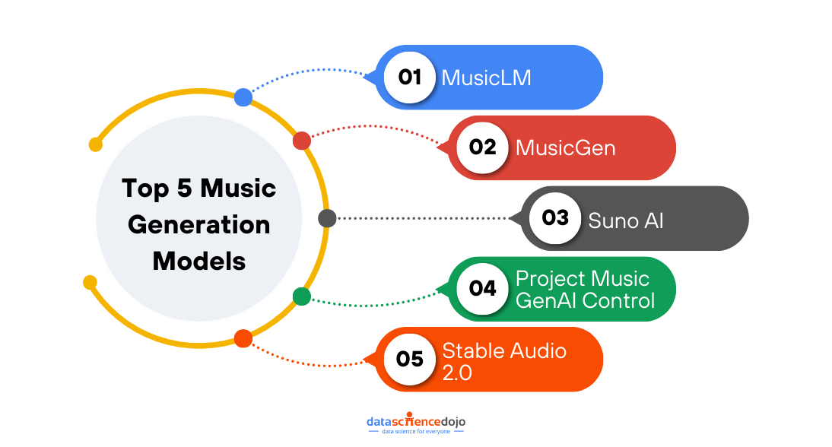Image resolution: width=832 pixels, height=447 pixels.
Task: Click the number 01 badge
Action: coord(410,77)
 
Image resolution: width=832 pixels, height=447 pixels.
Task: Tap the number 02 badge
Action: coord(483,147)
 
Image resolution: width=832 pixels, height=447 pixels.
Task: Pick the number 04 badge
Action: coord(483,289)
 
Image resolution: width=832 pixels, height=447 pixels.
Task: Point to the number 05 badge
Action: coord(410,359)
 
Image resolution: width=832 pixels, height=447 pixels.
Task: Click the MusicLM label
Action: coord(487,78)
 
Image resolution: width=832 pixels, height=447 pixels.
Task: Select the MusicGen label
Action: coord(565,147)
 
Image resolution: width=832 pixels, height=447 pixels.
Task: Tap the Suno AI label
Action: coord(626,220)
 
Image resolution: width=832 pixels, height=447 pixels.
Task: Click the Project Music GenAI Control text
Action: coord(584,289)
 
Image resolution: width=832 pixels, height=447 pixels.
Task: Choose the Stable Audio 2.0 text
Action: coord(504,360)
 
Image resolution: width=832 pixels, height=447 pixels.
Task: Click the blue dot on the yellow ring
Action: coord(243,97)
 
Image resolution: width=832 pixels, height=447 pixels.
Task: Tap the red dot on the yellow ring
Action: coord(302,141)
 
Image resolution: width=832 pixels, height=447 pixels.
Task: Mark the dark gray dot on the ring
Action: coord(327,219)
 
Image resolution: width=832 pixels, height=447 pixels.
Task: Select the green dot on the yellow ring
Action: coord(302,296)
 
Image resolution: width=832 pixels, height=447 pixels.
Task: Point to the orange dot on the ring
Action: coord(243,338)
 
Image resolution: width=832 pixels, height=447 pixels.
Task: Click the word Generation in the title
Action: coord(199,225)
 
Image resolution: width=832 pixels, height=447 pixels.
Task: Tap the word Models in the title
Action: coord(199,261)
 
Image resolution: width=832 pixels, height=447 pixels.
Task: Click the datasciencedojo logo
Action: coord(416,422)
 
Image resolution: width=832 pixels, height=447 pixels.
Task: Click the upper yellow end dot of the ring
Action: coord(96,144)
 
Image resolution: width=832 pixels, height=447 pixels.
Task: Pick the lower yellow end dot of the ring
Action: coord(90,282)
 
